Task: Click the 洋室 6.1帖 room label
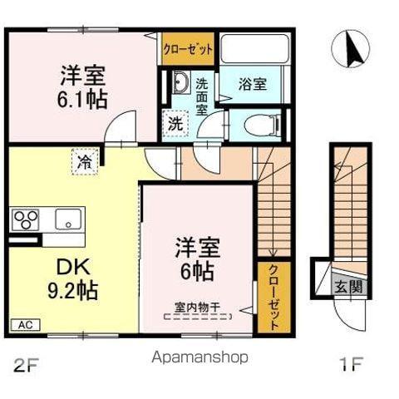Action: tap(81, 85)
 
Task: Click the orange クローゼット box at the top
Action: tap(188, 48)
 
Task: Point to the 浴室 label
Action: tap(252, 84)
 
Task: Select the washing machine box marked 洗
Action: tap(175, 123)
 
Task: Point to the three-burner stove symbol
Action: tap(26, 220)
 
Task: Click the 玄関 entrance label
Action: tap(348, 288)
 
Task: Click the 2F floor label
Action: tap(26, 363)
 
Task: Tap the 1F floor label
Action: tap(352, 363)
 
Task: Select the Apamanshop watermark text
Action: tap(199, 357)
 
